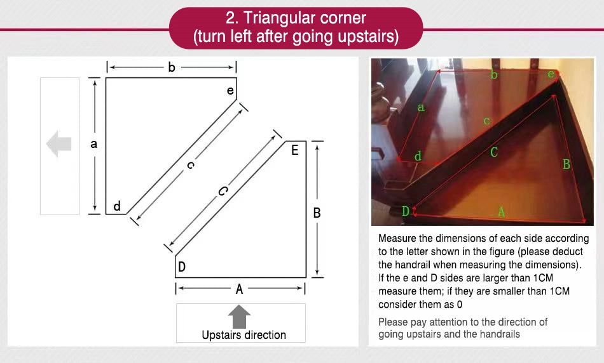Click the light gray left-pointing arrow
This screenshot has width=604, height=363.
(58, 144)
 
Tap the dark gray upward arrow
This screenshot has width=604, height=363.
(239, 317)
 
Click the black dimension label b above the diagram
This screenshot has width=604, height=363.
(172, 67)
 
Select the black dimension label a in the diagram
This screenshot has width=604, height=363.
(93, 144)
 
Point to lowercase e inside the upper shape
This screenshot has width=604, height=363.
(230, 90)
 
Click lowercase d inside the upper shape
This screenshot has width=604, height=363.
(117, 206)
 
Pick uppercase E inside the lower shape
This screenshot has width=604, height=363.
(294, 150)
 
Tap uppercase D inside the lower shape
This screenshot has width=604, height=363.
(182, 267)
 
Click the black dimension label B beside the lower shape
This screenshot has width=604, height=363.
(317, 213)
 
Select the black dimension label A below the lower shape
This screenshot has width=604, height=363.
(239, 289)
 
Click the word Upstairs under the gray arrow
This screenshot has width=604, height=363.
(221, 335)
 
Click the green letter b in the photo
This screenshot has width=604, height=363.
(494, 74)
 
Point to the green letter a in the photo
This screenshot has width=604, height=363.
(421, 107)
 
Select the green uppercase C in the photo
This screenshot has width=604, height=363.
(494, 152)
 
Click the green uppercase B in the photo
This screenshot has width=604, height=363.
(566, 164)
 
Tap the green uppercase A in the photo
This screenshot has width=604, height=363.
(501, 211)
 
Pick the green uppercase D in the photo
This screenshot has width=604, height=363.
(406, 211)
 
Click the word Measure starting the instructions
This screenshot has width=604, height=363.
(397, 239)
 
